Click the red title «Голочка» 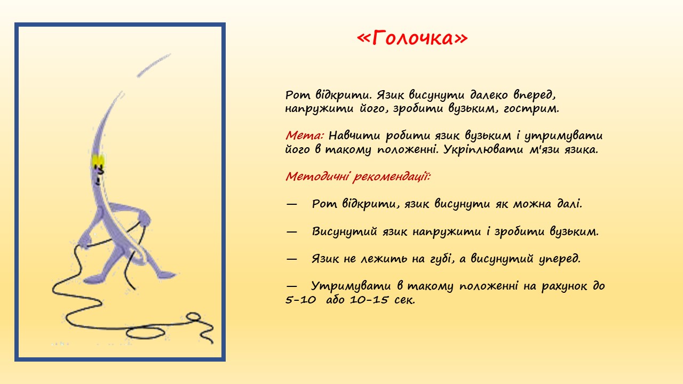click(412, 38)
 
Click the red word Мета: click(305, 135)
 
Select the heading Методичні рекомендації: click(358, 177)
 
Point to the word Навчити click(354, 135)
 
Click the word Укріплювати click(483, 149)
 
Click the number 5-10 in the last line click(300, 300)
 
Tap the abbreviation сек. click(404, 300)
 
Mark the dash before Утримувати click(291, 286)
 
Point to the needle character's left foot click(94, 278)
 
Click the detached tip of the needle click(153, 65)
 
